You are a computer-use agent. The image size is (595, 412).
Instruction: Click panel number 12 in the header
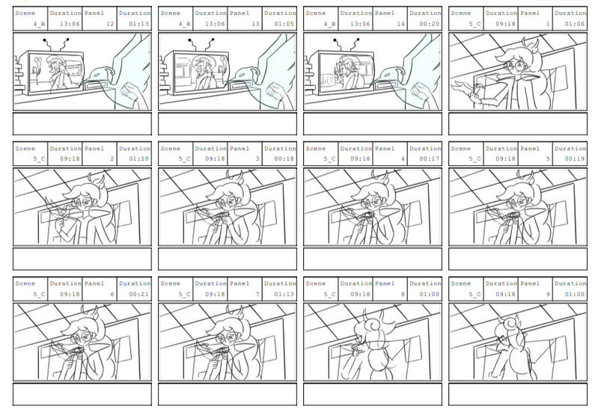tap(110, 24)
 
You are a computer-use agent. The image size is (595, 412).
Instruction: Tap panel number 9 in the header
tap(548, 294)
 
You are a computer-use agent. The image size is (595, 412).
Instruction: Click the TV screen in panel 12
tap(55, 73)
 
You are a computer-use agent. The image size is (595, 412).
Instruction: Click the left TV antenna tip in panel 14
tap(335, 40)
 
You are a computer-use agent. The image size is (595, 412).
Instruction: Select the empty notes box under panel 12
tap(82, 123)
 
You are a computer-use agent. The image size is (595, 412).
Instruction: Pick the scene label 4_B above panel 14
tap(330, 24)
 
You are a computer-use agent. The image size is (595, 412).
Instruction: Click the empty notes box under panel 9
tap(518, 394)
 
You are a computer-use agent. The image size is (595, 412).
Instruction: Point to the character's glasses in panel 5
tap(517, 203)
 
